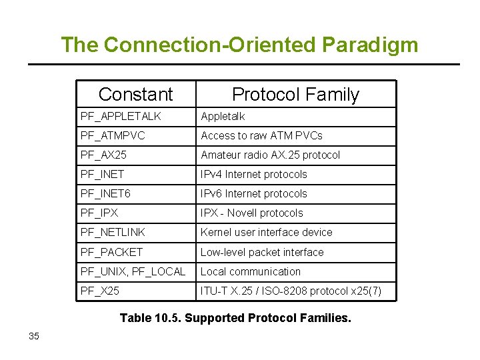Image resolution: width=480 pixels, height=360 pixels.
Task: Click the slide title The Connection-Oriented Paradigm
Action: tap(239, 45)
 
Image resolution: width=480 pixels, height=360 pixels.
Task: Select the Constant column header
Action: tap(135, 95)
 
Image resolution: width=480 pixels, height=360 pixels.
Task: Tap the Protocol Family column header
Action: tap(295, 95)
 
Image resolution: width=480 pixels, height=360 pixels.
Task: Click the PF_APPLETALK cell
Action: tap(121, 117)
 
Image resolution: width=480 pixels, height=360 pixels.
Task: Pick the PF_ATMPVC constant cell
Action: tap(113, 136)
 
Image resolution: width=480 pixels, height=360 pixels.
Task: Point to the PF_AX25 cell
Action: tap(103, 155)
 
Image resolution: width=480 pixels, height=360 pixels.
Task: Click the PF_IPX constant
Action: tap(99, 213)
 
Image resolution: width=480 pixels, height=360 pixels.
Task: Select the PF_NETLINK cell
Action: tap(113, 233)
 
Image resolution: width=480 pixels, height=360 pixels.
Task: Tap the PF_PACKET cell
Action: tap(111, 252)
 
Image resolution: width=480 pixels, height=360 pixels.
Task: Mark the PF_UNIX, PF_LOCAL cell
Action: tap(133, 271)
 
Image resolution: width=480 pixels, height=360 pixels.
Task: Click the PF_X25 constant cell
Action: tap(100, 291)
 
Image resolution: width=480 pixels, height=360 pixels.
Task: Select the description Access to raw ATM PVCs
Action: tap(261, 136)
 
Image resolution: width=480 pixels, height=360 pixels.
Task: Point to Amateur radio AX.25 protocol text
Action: tap(270, 155)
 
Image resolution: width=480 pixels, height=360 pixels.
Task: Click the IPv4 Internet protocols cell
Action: tap(254, 175)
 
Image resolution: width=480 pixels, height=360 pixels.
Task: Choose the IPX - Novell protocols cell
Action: tap(251, 213)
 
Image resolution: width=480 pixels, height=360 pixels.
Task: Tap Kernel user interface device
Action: tap(266, 233)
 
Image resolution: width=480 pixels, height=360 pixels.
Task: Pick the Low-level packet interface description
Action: tap(262, 252)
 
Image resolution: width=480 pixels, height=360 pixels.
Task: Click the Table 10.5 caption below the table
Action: tap(235, 318)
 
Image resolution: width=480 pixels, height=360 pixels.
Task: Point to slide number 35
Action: tap(34, 336)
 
